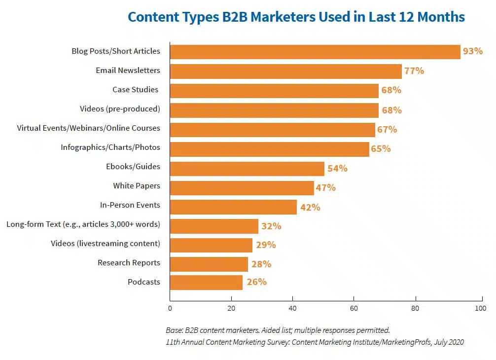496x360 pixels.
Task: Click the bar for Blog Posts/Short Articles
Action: [315, 52]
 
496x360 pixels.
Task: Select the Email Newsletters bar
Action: [286, 71]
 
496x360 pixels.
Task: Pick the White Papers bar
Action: [242, 188]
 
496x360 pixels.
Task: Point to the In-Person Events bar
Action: [233, 207]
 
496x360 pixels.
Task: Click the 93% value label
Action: [473, 51]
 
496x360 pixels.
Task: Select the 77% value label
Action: [414, 71]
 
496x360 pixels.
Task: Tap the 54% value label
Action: [337, 168]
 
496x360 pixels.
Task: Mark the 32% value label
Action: [271, 226]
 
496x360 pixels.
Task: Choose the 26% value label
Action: [256, 282]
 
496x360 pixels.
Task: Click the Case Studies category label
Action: [135, 89]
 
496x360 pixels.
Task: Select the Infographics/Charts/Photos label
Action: [110, 147]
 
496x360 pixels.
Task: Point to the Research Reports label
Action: [129, 262]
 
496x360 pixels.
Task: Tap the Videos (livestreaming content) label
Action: [106, 243]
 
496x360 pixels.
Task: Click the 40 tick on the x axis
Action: [293, 309]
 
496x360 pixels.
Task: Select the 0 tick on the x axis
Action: [170, 309]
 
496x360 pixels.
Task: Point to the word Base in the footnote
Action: [174, 330]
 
